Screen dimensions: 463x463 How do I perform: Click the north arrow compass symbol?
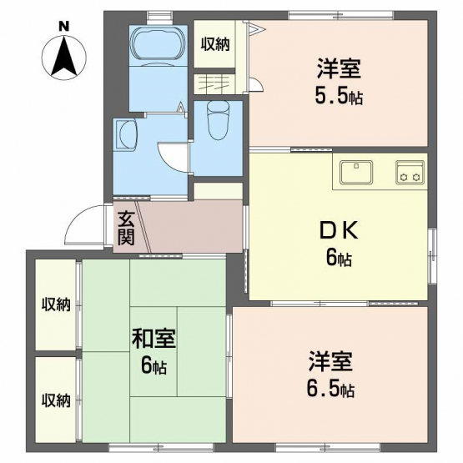[64, 58]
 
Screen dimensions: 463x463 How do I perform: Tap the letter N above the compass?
[63, 27]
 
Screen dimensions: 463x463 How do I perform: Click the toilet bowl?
[218, 120]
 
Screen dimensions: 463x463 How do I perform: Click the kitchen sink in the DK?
[356, 172]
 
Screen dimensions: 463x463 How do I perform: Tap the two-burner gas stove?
[410, 173]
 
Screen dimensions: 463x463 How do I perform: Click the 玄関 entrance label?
[126, 228]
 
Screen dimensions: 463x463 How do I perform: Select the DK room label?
[339, 230]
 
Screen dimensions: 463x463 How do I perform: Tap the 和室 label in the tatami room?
[153, 339]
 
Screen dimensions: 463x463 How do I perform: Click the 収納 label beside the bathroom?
[215, 44]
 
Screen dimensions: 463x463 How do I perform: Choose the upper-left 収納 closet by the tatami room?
[56, 304]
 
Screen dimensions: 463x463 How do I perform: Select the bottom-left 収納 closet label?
[56, 400]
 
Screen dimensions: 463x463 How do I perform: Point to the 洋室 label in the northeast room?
[339, 68]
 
